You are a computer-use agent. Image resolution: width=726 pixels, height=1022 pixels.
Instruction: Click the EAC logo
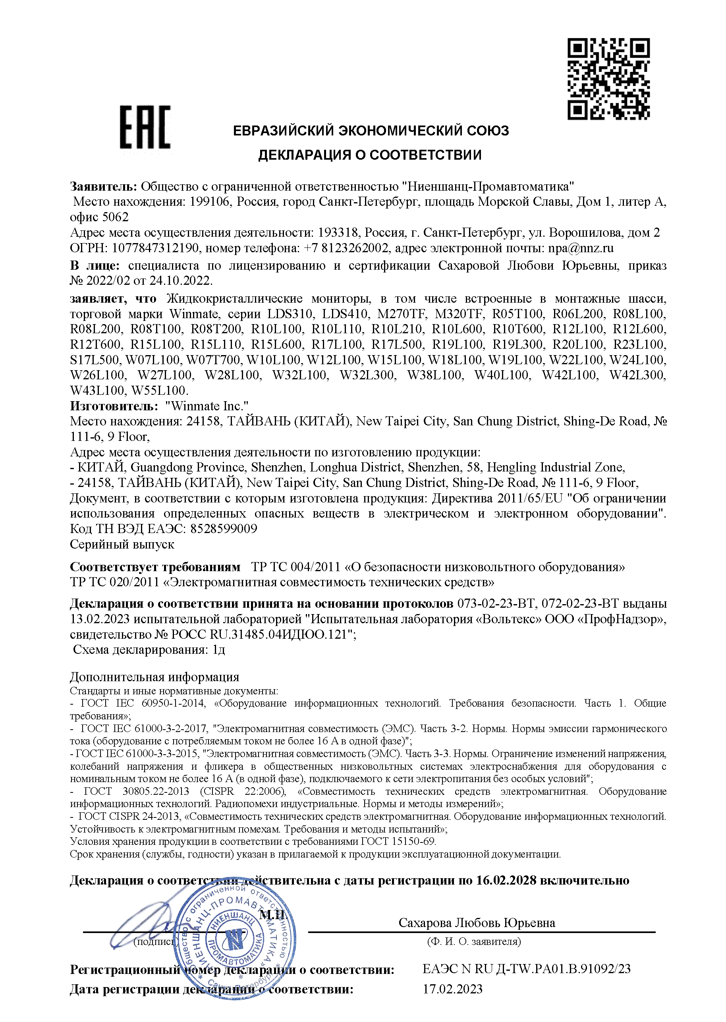point(145,127)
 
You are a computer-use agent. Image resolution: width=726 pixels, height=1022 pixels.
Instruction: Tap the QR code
point(608,79)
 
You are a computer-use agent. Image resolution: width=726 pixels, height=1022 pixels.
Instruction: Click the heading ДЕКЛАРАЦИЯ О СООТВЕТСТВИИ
point(370,155)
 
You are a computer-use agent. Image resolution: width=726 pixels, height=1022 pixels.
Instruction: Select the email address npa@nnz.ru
point(580,248)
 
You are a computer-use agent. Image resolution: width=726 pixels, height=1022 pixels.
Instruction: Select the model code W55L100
point(159,390)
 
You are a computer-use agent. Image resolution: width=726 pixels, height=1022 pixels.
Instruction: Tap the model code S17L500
point(95,360)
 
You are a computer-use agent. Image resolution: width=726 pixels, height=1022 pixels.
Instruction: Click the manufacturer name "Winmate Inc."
point(207,406)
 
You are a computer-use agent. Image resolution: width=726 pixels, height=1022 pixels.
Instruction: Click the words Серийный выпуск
point(122,544)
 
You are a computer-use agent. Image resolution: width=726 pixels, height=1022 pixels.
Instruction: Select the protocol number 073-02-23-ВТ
point(496,603)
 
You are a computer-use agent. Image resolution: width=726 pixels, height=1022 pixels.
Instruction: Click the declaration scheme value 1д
point(218,649)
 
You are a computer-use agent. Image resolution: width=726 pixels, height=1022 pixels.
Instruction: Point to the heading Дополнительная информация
point(154,677)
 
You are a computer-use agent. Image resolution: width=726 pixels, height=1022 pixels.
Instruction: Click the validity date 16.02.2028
point(506,880)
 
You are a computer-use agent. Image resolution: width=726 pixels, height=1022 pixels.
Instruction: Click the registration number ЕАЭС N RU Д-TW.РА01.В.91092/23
point(526,969)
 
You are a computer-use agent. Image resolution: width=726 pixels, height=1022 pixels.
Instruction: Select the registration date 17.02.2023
point(452,989)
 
